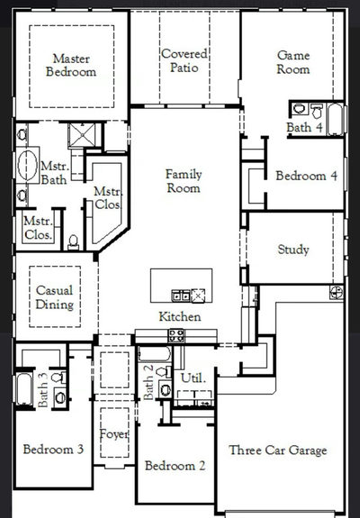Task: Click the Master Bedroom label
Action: coord(71,65)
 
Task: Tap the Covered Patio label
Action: coord(184,60)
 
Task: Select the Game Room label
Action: coord(293,62)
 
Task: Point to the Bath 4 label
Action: coord(304,127)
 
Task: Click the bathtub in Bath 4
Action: coord(336,119)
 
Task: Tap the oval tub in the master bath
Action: coord(27,165)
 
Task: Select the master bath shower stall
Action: coord(82,135)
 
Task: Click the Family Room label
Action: coord(184,181)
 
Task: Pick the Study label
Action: coord(293,250)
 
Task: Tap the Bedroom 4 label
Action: coord(307,176)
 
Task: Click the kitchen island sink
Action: coord(181,295)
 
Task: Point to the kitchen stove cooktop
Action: coord(176,336)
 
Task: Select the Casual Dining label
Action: coord(54,297)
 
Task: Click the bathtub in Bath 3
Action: coord(24,389)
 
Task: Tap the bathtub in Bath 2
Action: coord(155,354)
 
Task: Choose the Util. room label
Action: coord(193,377)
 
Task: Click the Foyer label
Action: coord(114,434)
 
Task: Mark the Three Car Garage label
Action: coord(278,450)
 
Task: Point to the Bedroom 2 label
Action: coord(175,466)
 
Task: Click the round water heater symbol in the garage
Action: coord(337,293)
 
